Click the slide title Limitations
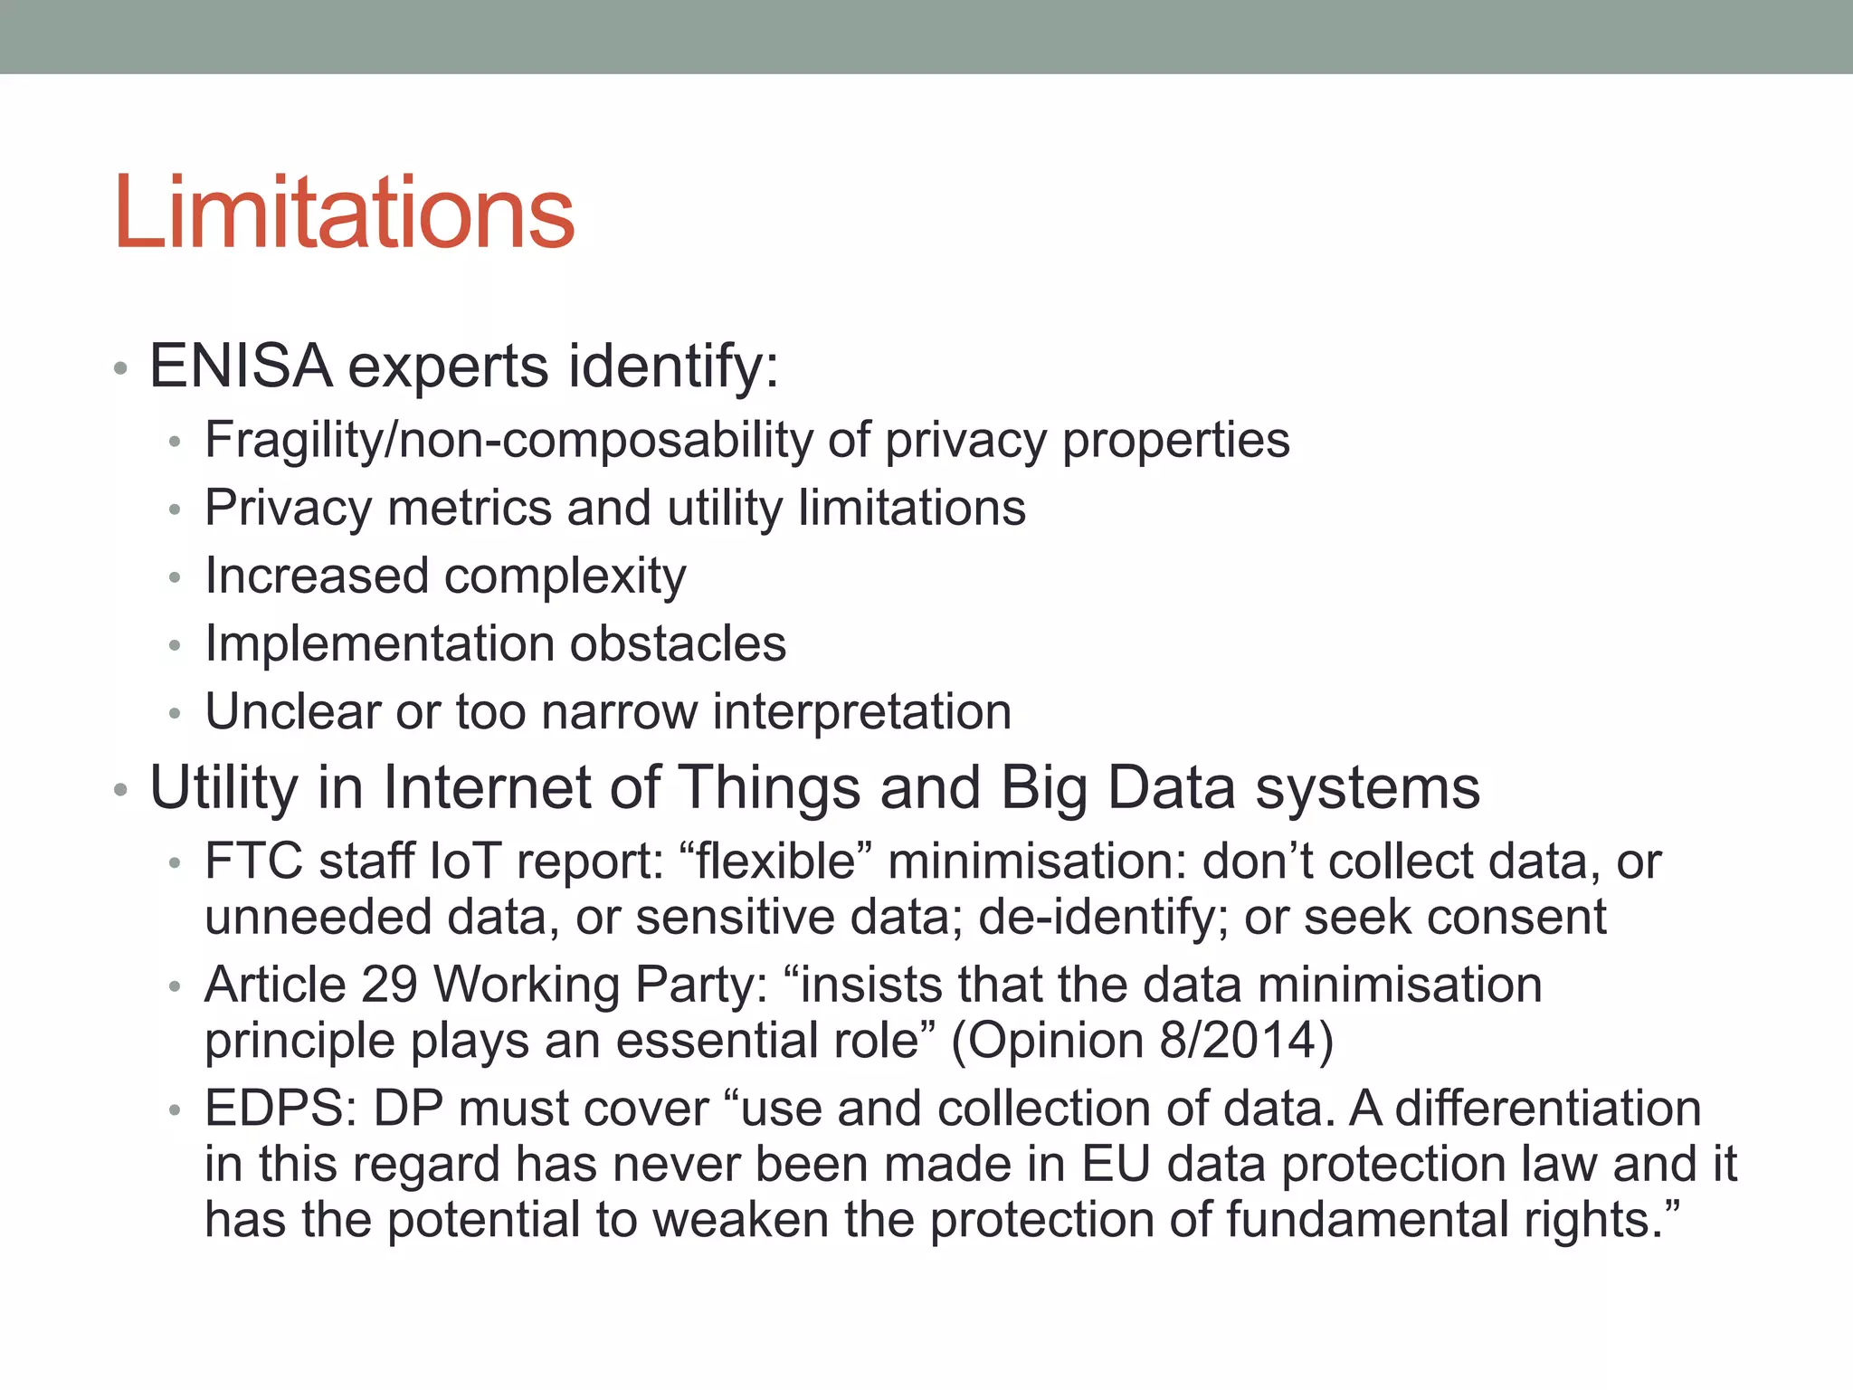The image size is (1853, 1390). pyautogui.click(x=344, y=214)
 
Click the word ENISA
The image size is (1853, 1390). pyautogui.click(x=241, y=367)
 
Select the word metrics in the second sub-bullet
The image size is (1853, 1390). pyautogui.click(x=469, y=509)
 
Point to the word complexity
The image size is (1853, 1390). pyautogui.click(x=565, y=577)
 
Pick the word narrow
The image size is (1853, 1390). pyautogui.click(x=619, y=712)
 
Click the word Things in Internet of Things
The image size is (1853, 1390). pyautogui.click(x=769, y=787)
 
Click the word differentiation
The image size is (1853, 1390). pyautogui.click(x=1547, y=1109)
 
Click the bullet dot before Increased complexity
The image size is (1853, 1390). pyautogui.click(x=175, y=577)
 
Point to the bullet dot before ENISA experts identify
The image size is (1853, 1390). pyautogui.click(x=120, y=369)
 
